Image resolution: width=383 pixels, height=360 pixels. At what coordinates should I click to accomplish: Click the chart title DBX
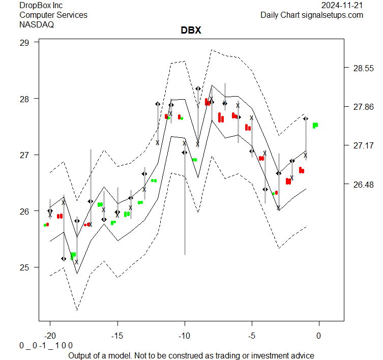(x=191, y=31)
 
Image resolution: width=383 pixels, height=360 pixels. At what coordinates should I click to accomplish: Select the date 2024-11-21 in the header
(x=342, y=6)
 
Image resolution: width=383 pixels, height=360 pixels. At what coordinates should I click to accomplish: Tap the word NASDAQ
(x=37, y=24)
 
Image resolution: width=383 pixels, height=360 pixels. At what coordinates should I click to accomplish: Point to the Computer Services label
(x=53, y=15)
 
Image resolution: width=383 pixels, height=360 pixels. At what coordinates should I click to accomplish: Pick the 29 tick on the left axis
(x=25, y=42)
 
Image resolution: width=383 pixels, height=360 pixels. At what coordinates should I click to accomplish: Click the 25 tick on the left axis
(x=25, y=267)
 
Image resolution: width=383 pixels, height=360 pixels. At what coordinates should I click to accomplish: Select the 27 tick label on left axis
(x=25, y=155)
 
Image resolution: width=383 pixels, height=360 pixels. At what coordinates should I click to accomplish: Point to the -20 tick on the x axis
(x=50, y=336)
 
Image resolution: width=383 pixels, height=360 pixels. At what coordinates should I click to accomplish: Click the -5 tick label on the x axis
(x=251, y=336)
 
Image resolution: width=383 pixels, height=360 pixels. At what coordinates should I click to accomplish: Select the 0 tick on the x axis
(x=319, y=336)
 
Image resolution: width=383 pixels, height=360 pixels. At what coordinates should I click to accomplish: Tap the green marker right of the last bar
(x=315, y=125)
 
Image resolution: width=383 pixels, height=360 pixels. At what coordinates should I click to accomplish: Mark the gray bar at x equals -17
(x=91, y=183)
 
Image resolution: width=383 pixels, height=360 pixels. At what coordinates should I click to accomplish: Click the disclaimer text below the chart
(x=191, y=355)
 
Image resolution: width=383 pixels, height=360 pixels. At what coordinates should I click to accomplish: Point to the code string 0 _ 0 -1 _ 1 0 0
(x=46, y=345)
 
